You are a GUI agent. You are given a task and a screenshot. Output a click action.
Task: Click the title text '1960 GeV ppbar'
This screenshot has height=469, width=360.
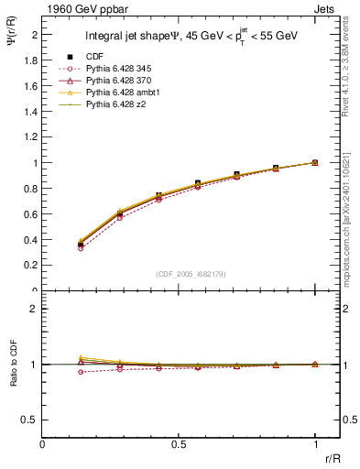pyautogui.click(x=80, y=8)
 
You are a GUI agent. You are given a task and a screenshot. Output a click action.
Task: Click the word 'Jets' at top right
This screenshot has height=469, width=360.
pyautogui.click(x=328, y=8)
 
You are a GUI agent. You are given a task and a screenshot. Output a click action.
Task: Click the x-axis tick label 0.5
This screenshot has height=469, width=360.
pyautogui.click(x=179, y=444)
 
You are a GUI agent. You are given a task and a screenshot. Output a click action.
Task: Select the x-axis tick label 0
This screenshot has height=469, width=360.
pyautogui.click(x=42, y=444)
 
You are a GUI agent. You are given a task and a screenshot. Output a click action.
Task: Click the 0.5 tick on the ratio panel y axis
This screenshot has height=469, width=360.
pyautogui.click(x=31, y=420)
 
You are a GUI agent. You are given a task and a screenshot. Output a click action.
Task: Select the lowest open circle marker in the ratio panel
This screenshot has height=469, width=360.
pyautogui.click(x=81, y=372)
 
